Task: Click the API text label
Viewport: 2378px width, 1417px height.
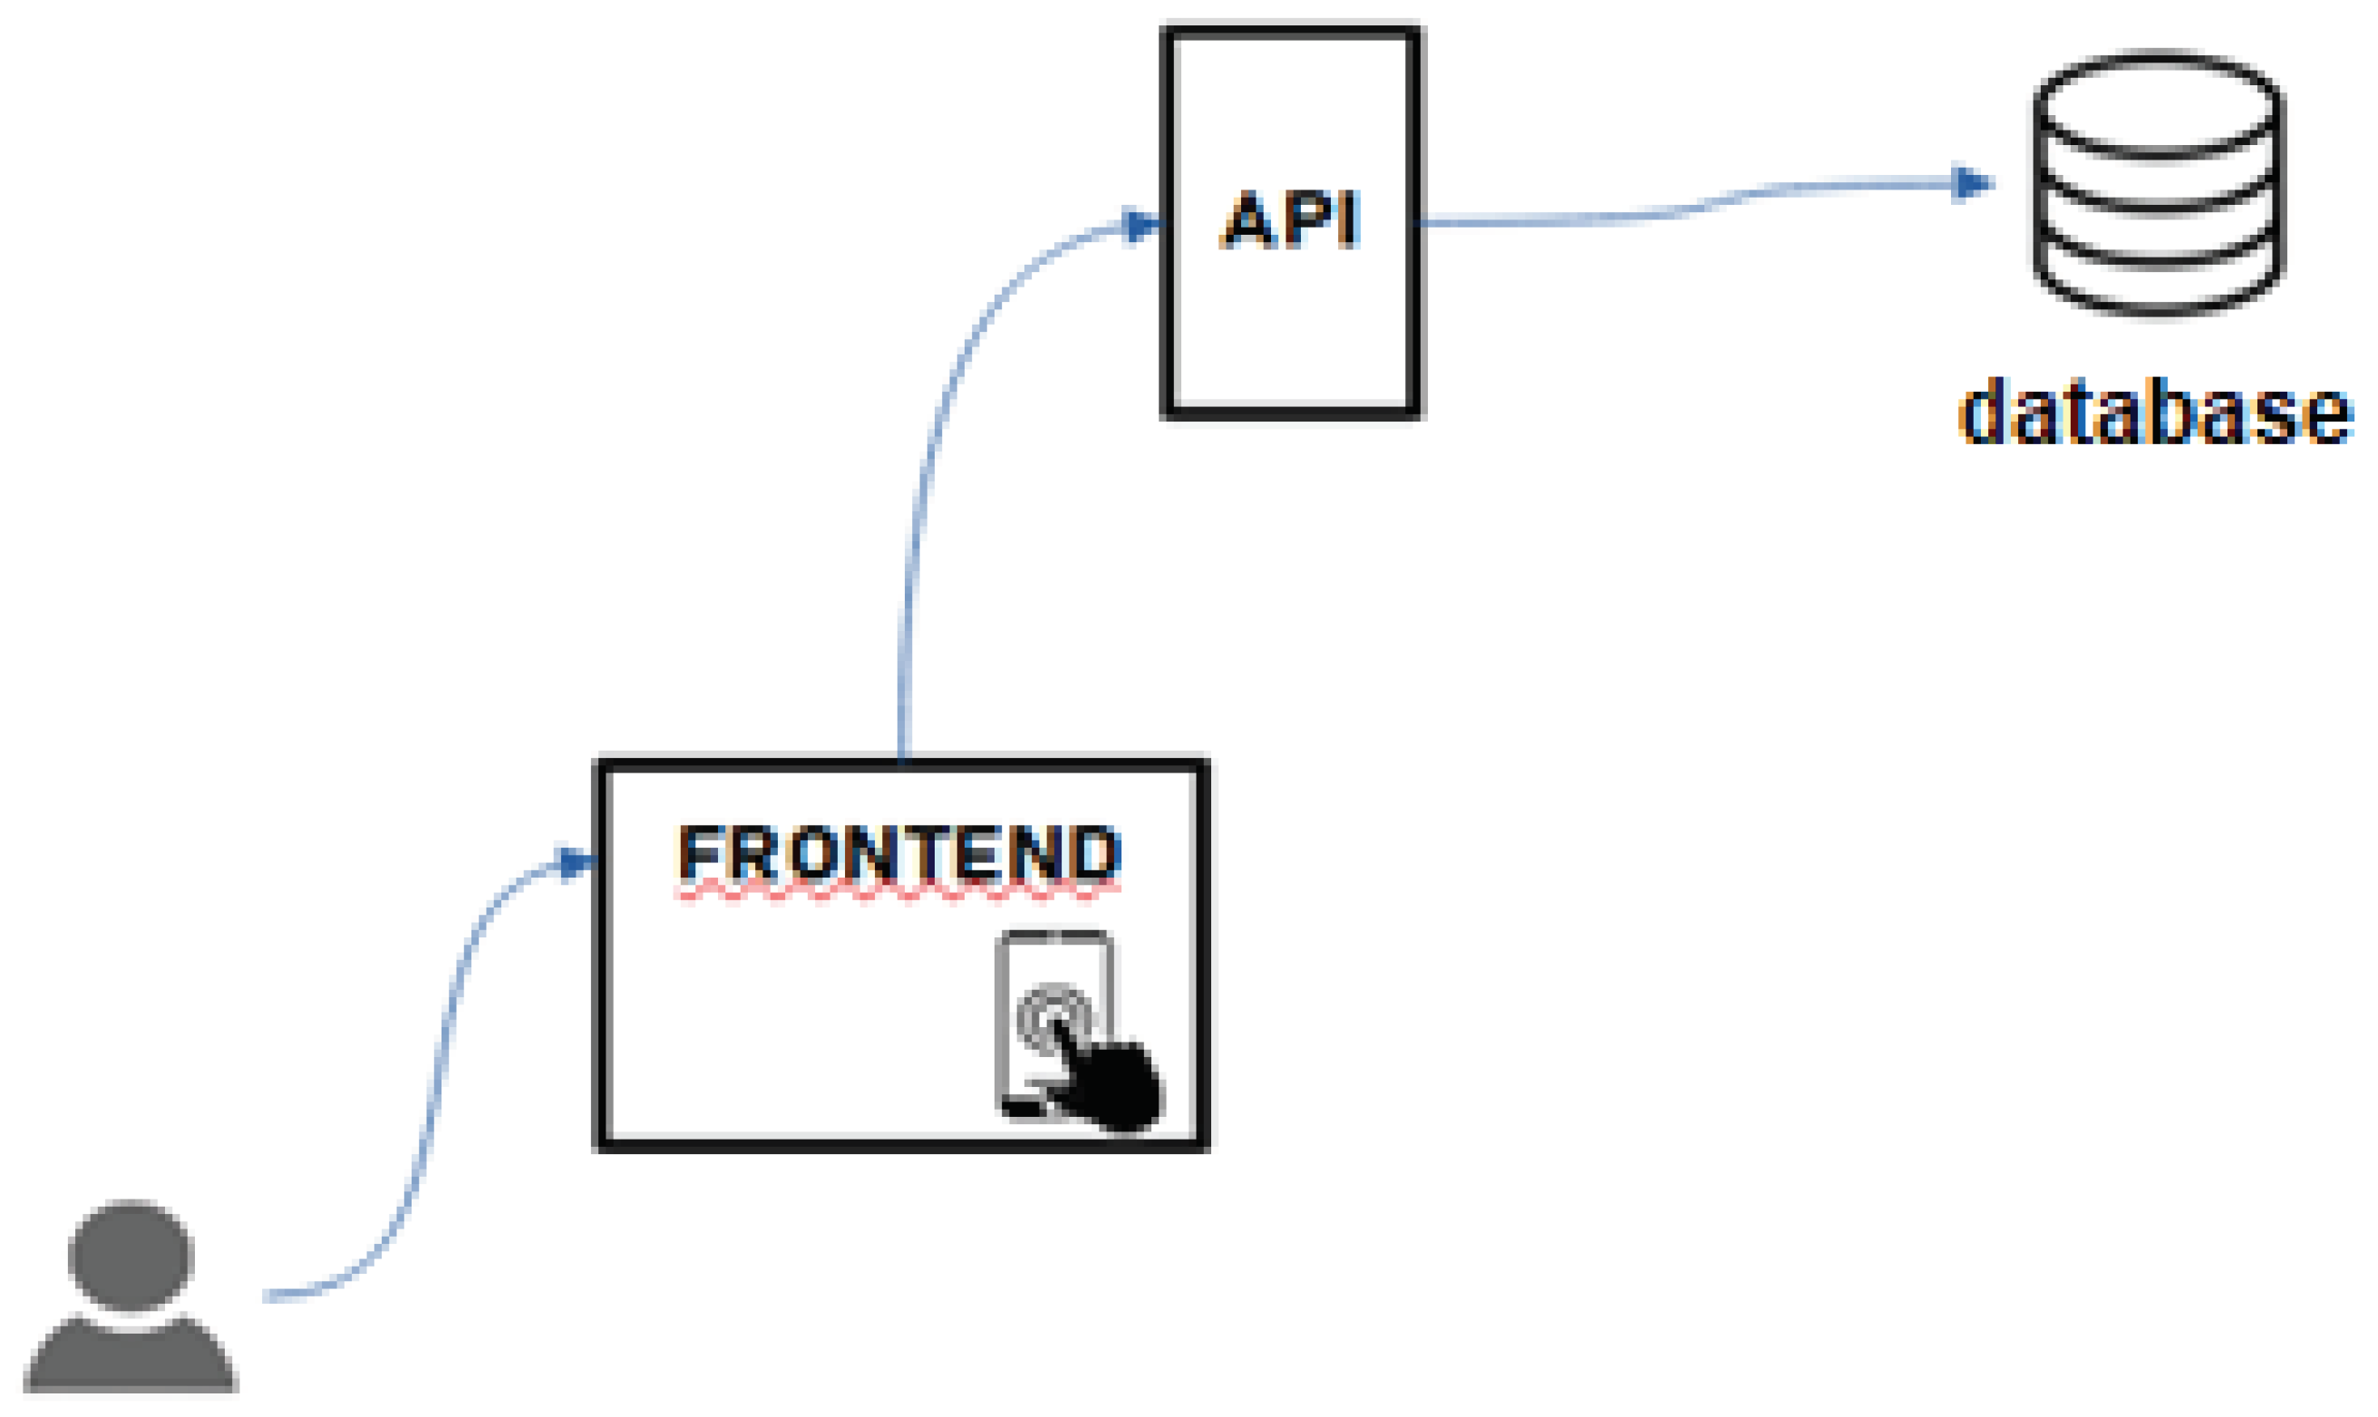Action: [x=1290, y=220]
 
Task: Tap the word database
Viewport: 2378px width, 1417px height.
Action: [x=2154, y=412]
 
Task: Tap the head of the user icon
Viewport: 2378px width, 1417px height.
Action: [x=131, y=1255]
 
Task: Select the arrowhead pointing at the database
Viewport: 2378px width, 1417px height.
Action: [x=1970, y=183]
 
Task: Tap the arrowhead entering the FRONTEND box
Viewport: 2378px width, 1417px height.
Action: [x=575, y=862]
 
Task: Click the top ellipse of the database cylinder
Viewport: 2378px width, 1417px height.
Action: [x=2157, y=103]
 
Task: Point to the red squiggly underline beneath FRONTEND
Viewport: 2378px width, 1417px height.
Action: [x=898, y=894]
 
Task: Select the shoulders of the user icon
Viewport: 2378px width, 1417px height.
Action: [x=131, y=1361]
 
